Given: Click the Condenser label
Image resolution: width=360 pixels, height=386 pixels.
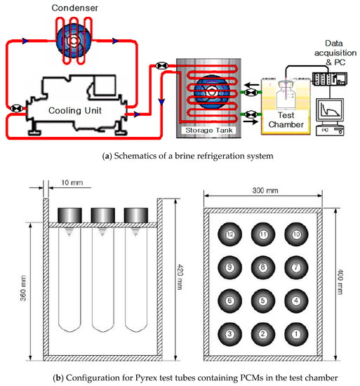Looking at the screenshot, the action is pos(74,8).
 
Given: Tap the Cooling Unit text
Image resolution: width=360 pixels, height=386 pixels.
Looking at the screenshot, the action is pos(75,110).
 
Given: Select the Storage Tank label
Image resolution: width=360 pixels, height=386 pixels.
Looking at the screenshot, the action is pos(208,131).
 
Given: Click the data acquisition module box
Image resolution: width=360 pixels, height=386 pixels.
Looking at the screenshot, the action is pos(330,79).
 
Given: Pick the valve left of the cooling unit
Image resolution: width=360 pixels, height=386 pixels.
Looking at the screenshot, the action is pos(16,108).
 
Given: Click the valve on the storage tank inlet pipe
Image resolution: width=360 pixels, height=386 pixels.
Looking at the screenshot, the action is pos(162,66).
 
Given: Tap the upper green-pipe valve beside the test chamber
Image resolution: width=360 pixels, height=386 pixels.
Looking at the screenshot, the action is pos(251,93).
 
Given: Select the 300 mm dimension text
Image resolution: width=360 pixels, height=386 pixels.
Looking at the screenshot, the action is pos(265,190).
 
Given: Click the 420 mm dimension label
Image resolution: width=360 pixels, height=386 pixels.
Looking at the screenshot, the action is pos(180,277).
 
